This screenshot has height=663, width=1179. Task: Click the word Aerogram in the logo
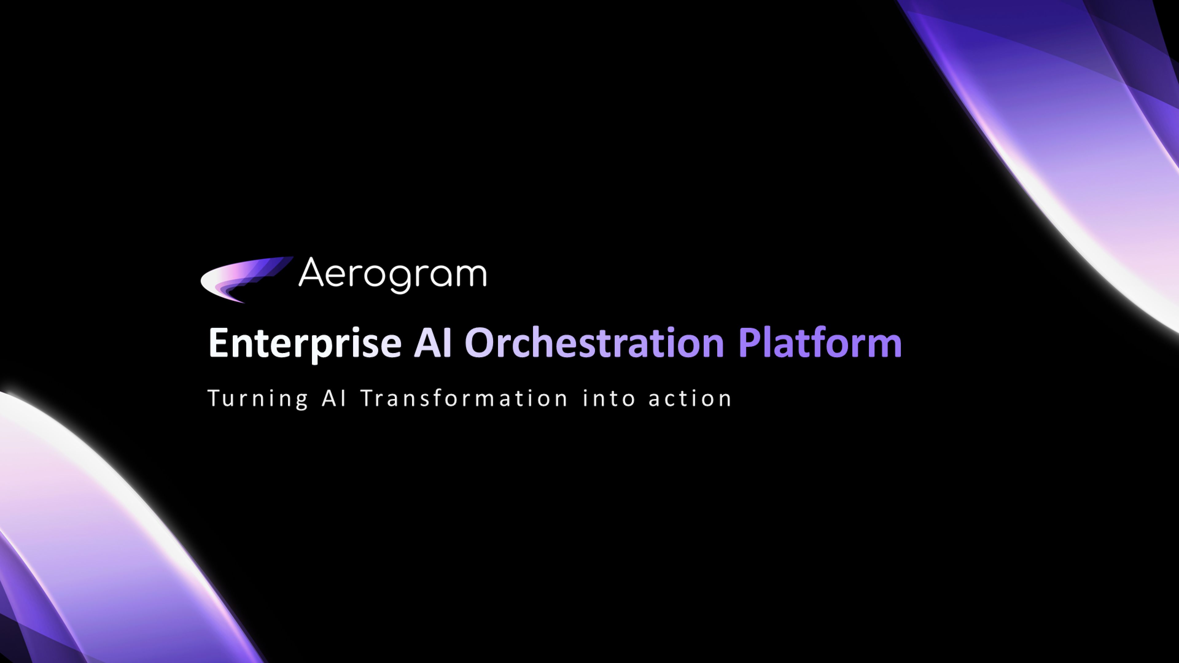click(392, 274)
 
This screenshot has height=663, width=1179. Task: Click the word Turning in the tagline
click(258, 398)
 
